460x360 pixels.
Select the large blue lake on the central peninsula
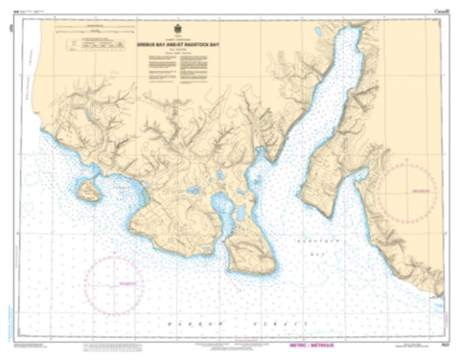pos(222,204)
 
